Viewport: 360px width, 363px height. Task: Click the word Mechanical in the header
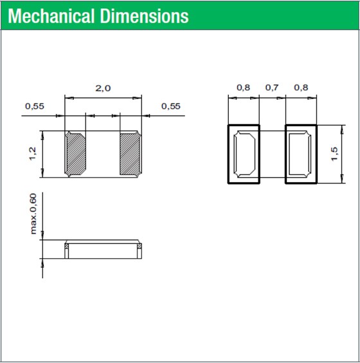pos(51,16)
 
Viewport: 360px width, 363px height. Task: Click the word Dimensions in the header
pos(145,16)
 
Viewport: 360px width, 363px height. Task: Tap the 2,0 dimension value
pos(103,88)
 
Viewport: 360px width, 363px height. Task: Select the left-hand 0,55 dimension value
pos(35,106)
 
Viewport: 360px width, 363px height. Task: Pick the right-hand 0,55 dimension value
pos(171,106)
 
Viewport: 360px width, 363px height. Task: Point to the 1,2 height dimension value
pos(33,153)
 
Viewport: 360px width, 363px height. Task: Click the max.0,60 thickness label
pos(33,214)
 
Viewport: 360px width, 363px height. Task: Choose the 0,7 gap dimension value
pos(272,88)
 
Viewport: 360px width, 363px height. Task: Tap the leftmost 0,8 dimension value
pos(243,88)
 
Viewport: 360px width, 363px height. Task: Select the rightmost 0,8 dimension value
pos(301,88)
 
